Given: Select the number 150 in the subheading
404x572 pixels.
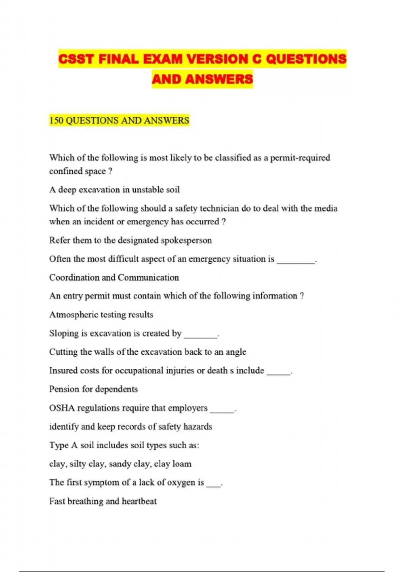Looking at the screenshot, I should pyautogui.click(x=56, y=120).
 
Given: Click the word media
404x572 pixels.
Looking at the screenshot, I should pyautogui.click(x=326, y=208).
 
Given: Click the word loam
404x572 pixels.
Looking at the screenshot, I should pyautogui.click(x=181, y=464).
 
